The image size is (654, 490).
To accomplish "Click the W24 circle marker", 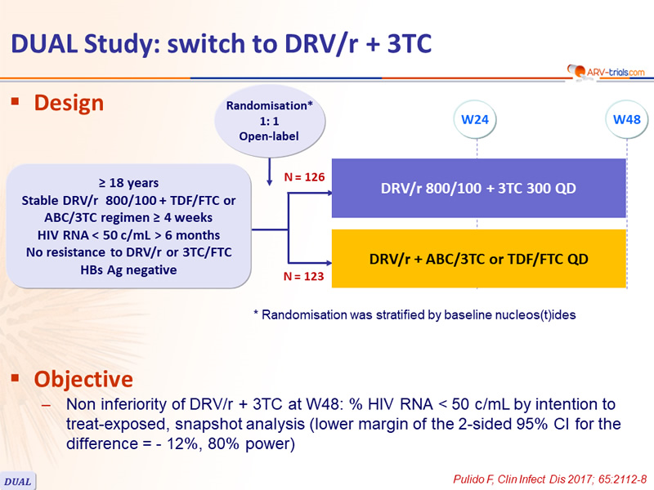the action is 475,119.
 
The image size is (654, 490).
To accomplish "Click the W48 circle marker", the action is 626,119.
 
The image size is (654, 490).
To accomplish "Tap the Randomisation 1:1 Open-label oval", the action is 270,121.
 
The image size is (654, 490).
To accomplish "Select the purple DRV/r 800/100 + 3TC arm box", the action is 479,188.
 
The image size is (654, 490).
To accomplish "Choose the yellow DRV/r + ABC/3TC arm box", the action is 479,259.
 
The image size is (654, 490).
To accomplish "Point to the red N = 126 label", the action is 304,177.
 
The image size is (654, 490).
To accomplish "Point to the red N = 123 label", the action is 303,276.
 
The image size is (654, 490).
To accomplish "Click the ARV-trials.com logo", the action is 606,72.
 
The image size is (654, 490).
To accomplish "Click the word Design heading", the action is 69,103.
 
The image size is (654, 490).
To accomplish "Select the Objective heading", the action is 83,379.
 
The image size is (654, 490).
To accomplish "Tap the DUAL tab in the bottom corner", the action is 17,481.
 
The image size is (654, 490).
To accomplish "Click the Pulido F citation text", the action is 549,479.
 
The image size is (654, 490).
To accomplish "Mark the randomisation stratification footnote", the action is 414,314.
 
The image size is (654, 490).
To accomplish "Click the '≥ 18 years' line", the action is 128,183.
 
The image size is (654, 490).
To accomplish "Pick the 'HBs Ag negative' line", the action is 128,270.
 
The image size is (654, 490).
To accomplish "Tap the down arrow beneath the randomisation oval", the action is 270,171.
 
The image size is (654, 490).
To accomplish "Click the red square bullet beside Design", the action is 16,101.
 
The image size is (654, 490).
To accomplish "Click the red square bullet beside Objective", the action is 16,377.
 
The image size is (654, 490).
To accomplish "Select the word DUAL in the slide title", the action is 44,44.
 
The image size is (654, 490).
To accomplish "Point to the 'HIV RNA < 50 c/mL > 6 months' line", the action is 128,235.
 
